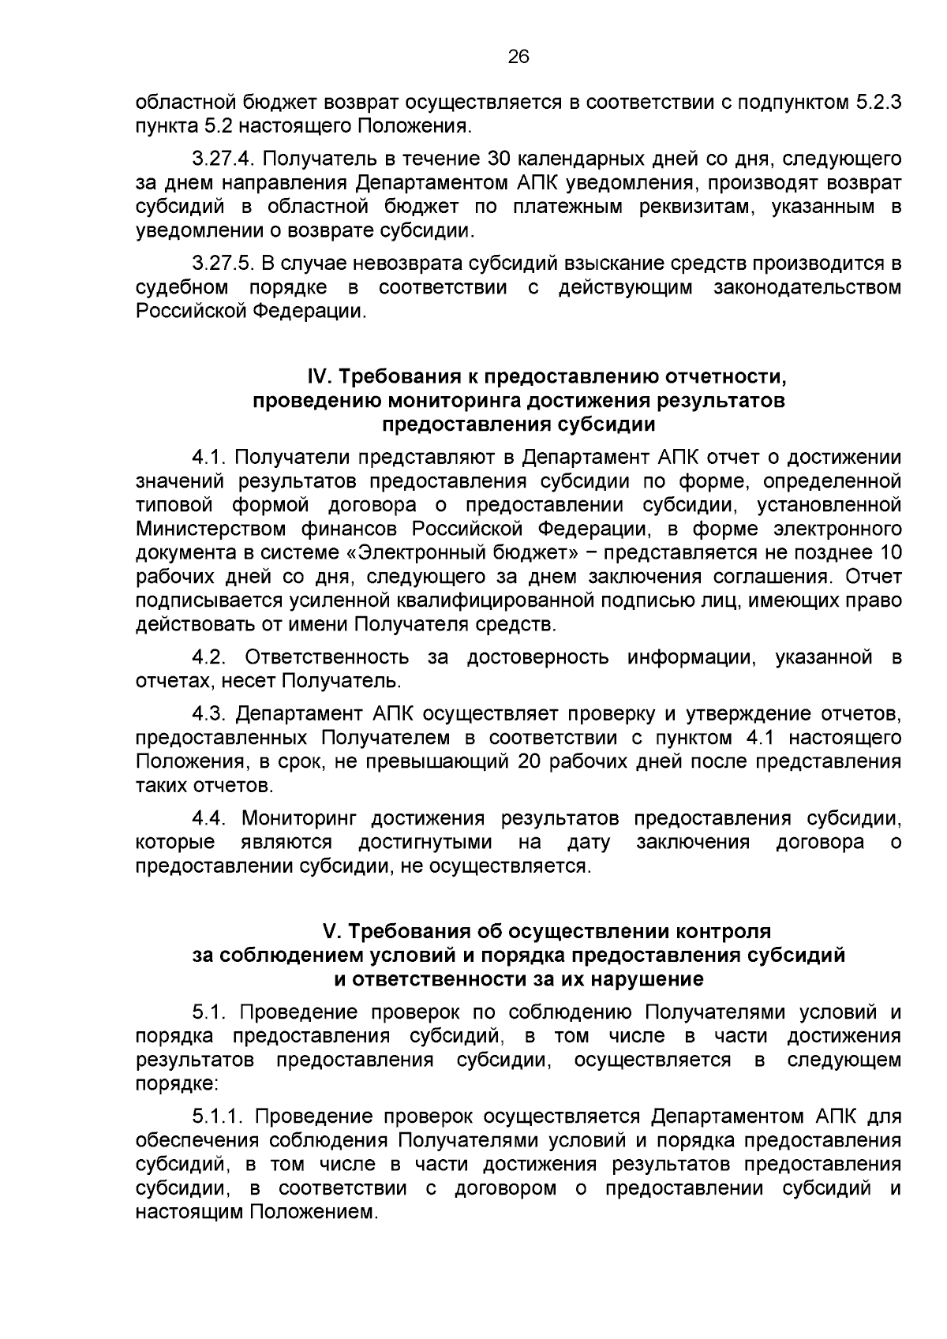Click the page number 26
click(x=518, y=56)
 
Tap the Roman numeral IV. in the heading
click(x=319, y=376)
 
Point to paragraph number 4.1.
click(x=209, y=457)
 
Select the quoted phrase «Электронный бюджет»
click(x=460, y=552)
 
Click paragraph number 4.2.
click(x=211, y=657)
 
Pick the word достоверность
click(x=538, y=657)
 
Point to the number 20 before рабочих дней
click(x=531, y=762)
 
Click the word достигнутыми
click(x=425, y=843)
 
